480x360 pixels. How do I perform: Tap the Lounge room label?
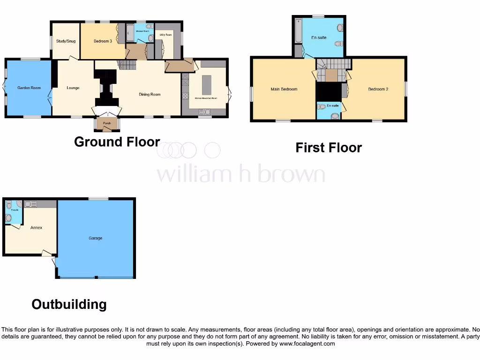click(x=73, y=88)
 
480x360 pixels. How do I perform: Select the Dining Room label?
click(x=150, y=94)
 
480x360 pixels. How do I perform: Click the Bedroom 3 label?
click(x=103, y=41)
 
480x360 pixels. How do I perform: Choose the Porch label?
click(x=106, y=123)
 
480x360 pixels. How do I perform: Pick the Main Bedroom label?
click(x=284, y=89)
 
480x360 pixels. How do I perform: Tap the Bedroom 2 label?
click(x=378, y=89)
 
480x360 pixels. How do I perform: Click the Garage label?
click(x=95, y=238)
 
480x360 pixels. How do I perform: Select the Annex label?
click(x=36, y=228)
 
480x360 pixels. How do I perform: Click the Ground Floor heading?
click(x=117, y=142)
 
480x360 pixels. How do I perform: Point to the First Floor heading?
click(x=329, y=148)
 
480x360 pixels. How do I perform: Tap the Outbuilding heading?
click(x=69, y=304)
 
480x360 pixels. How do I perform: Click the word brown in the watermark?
click(x=293, y=174)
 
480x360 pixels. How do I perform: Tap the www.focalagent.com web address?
click(x=307, y=344)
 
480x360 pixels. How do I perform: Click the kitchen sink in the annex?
click(x=31, y=204)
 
